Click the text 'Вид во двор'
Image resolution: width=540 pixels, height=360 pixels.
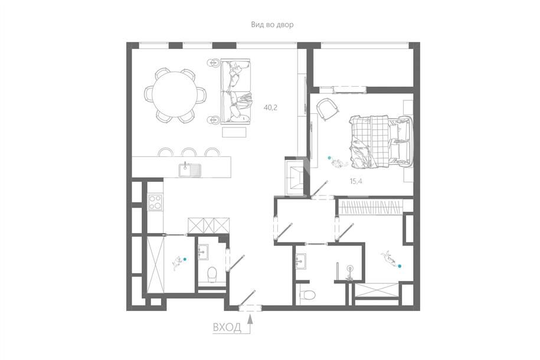[272, 25]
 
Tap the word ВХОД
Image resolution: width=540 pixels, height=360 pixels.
[227, 328]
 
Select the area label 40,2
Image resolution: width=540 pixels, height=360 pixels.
[270, 107]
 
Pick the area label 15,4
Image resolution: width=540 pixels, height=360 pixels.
[356, 181]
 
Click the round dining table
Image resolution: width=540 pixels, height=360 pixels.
[175, 95]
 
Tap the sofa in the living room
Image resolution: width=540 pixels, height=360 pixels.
[235, 91]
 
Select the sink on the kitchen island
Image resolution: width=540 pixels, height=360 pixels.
[190, 170]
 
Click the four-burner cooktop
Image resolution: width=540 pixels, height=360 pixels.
[155, 202]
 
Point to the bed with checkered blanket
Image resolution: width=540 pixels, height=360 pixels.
[381, 142]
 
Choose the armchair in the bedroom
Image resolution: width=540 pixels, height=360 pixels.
[328, 109]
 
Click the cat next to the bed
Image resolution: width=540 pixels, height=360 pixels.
[339, 163]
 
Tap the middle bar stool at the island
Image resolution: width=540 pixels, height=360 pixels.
[188, 152]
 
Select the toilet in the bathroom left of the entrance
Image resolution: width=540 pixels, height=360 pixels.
[211, 274]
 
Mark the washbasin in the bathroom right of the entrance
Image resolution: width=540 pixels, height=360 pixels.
[300, 262]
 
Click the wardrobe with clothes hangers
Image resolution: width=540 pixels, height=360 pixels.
[371, 207]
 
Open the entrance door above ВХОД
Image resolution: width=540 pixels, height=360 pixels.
[248, 299]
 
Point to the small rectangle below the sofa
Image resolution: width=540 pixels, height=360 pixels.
[234, 132]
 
